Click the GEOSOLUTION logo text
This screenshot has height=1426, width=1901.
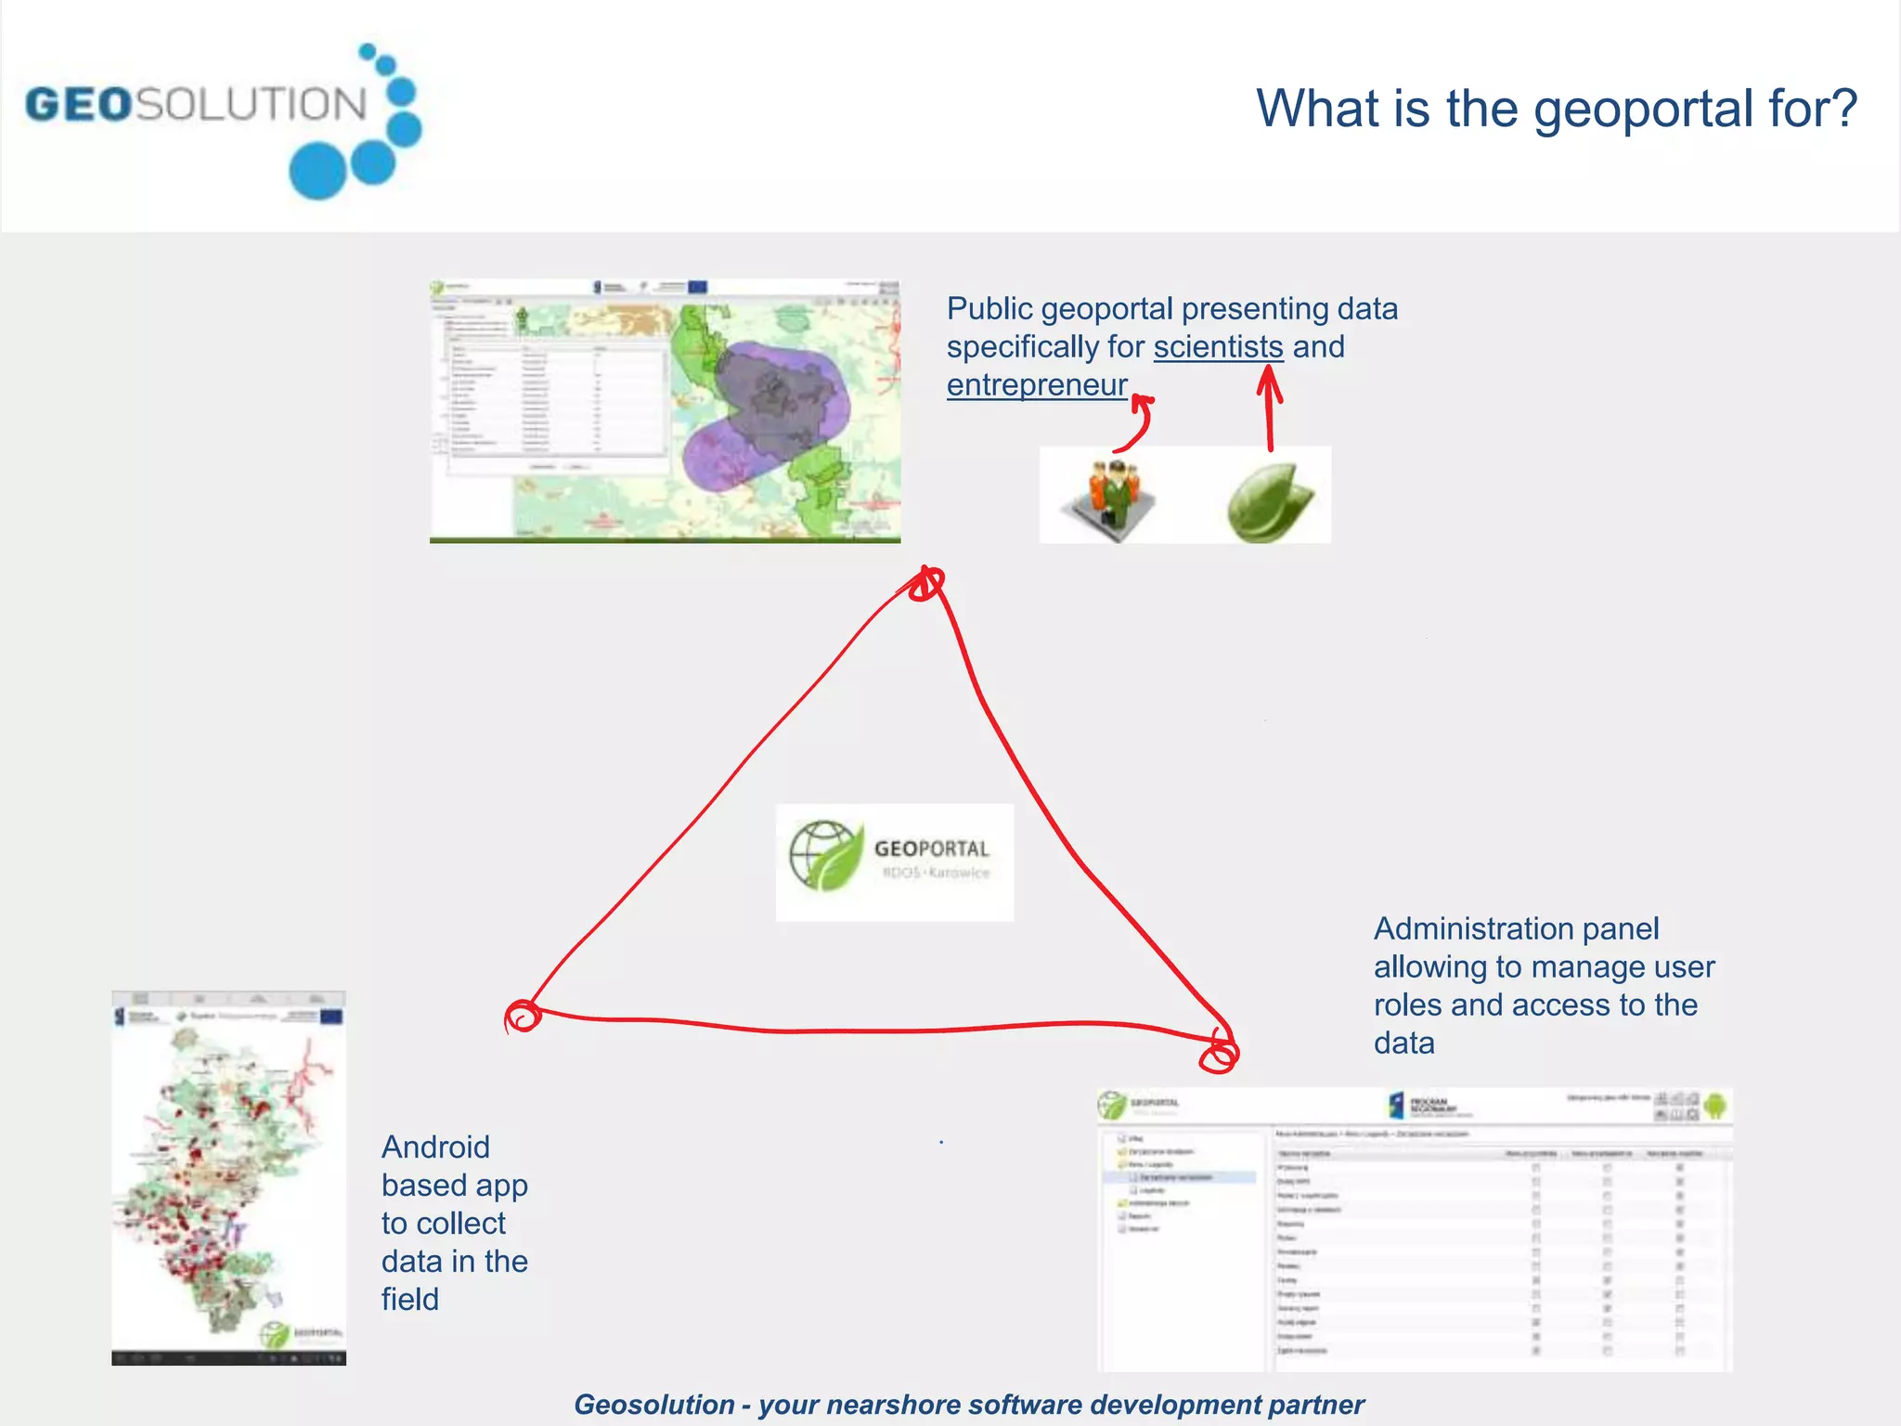195,104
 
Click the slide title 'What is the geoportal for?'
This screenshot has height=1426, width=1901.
1556,108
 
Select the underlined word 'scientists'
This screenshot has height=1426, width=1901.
1218,347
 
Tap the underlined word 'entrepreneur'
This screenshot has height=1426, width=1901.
1037,385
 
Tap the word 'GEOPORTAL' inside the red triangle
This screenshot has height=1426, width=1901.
931,849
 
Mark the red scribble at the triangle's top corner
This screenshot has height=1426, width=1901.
925,584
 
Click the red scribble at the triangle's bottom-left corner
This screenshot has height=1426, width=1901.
523,1016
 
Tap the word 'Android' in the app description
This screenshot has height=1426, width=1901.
435,1147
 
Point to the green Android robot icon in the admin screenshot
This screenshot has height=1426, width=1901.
1714,1106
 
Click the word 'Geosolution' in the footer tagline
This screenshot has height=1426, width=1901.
653,1405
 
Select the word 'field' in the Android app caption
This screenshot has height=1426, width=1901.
409,1300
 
